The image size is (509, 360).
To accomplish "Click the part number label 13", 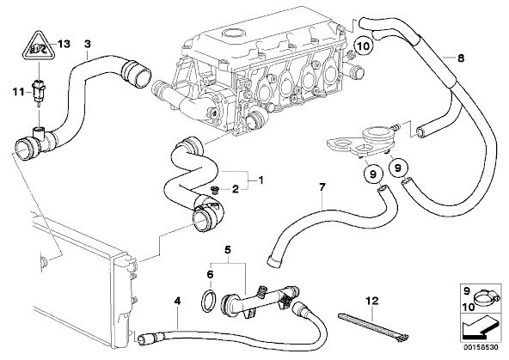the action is pyautogui.click(x=64, y=44).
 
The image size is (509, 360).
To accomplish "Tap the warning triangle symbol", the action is pyautogui.click(x=39, y=46).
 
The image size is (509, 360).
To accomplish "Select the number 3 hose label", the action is pyautogui.click(x=88, y=44).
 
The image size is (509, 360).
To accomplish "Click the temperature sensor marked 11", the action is pyautogui.click(x=37, y=91).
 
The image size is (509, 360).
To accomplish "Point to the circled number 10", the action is pyautogui.click(x=364, y=46).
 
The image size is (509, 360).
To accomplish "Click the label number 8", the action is pyautogui.click(x=461, y=58).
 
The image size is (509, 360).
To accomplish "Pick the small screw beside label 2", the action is pyautogui.click(x=214, y=189).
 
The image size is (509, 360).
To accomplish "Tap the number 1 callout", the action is pyautogui.click(x=261, y=180).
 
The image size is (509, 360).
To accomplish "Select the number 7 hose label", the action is pyautogui.click(x=322, y=186).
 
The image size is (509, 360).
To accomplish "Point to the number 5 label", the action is pyautogui.click(x=228, y=250).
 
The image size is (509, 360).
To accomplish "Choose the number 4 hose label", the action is pyautogui.click(x=177, y=302).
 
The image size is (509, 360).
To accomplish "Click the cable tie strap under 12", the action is pyautogui.click(x=373, y=326).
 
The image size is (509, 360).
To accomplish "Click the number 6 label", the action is pyautogui.click(x=210, y=275).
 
